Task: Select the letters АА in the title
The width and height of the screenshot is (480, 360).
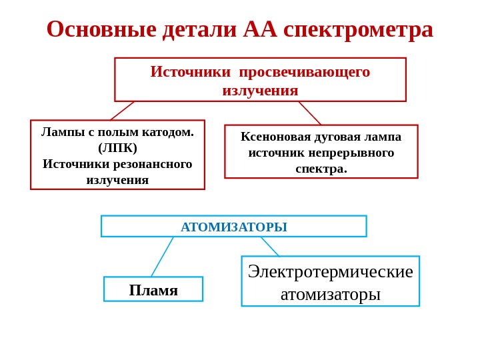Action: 260,29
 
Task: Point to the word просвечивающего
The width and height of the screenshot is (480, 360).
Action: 305,71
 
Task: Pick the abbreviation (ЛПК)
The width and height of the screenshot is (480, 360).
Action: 117,147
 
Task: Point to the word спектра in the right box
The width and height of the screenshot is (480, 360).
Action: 320,169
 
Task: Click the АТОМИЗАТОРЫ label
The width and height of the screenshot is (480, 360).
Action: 234,227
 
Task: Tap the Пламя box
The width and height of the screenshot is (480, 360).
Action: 153,290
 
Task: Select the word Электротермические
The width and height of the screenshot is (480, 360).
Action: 331,271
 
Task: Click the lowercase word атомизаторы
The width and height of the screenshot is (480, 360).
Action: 331,294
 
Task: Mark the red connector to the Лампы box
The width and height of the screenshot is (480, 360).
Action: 123,111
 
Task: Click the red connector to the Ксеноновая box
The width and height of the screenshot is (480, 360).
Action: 310,113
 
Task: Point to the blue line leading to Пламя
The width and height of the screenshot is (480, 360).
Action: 162,257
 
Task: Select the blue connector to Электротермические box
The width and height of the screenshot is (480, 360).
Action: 270,247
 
